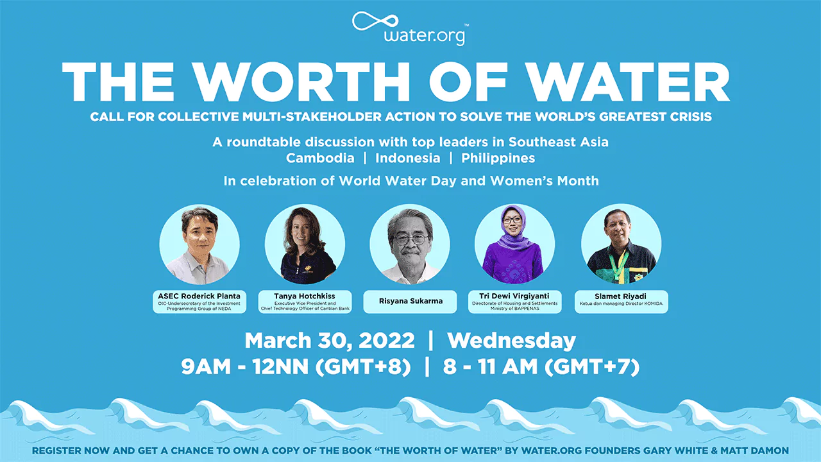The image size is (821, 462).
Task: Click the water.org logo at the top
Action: tap(410, 29)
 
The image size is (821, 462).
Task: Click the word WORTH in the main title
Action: tap(301, 81)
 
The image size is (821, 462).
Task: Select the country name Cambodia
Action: tap(320, 158)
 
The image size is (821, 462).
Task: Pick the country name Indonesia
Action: tap(407, 158)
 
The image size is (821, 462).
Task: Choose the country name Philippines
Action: tap(498, 158)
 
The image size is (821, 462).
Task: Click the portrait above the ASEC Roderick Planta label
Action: tap(199, 244)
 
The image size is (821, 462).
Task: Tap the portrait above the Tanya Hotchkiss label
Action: tap(305, 244)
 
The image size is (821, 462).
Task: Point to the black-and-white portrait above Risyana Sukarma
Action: tap(410, 244)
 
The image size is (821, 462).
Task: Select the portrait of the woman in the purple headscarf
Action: tap(514, 244)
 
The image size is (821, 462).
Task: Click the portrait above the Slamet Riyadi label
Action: tap(622, 244)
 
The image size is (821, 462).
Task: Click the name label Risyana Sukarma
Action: tap(410, 301)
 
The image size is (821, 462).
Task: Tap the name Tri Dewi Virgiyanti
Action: tap(514, 296)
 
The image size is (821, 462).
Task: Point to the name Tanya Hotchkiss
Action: tap(304, 296)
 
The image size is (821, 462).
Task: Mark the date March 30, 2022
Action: tap(330, 341)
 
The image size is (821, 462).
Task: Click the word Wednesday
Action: tap(511, 341)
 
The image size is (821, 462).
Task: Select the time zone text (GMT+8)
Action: tap(363, 366)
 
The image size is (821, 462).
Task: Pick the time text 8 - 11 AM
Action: tap(490, 366)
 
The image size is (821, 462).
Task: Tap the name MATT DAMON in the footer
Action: tap(755, 450)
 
